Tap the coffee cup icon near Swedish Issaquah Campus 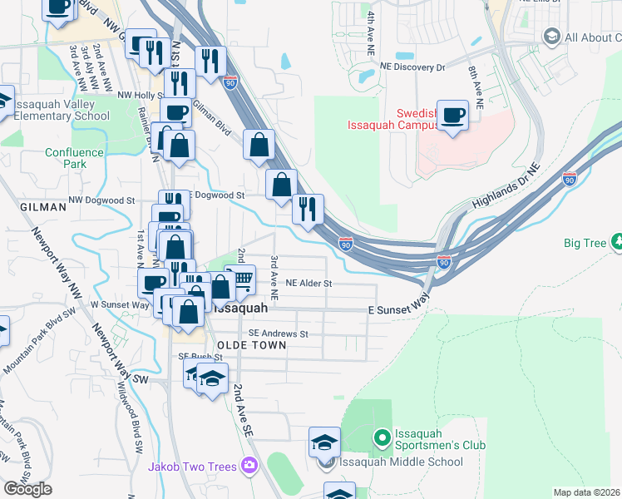(453, 116)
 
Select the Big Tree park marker (618, 243)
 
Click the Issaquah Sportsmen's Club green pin (382, 437)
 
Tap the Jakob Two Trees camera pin (248, 467)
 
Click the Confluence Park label (74, 158)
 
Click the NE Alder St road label (309, 284)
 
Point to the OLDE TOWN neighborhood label (251, 345)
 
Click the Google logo (27, 489)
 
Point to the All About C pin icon (550, 37)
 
